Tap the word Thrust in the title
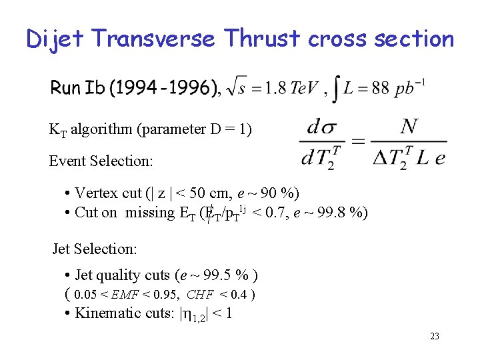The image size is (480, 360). coord(263,39)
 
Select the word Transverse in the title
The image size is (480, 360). coord(155,39)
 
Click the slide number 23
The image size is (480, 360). coord(434,337)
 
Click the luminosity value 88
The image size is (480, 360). coord(379,89)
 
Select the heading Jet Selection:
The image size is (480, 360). coord(95,249)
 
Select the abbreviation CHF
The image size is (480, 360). coord(200,295)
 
